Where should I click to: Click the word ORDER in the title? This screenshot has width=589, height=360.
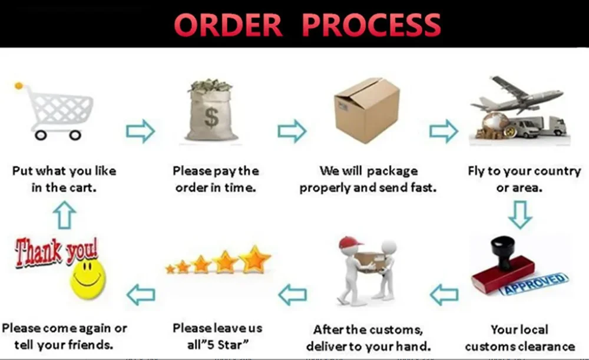[x=228, y=25]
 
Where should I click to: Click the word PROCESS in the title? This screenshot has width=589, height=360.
[x=371, y=25]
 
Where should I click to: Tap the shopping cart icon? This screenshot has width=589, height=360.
[x=54, y=111]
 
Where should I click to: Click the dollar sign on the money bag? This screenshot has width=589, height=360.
[x=211, y=117]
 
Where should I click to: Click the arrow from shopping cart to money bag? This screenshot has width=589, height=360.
[x=140, y=131]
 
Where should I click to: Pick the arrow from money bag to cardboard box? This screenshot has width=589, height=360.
[x=292, y=131]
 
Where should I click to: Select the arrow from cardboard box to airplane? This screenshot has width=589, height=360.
[x=444, y=131]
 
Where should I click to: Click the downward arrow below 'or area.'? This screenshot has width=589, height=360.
[x=520, y=215]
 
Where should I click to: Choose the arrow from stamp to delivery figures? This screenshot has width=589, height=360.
[x=444, y=295]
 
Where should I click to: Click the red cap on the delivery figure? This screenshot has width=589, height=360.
[x=350, y=242]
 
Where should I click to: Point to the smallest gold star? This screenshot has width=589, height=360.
[x=170, y=269]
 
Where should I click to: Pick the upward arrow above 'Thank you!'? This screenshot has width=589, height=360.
[x=64, y=215]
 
